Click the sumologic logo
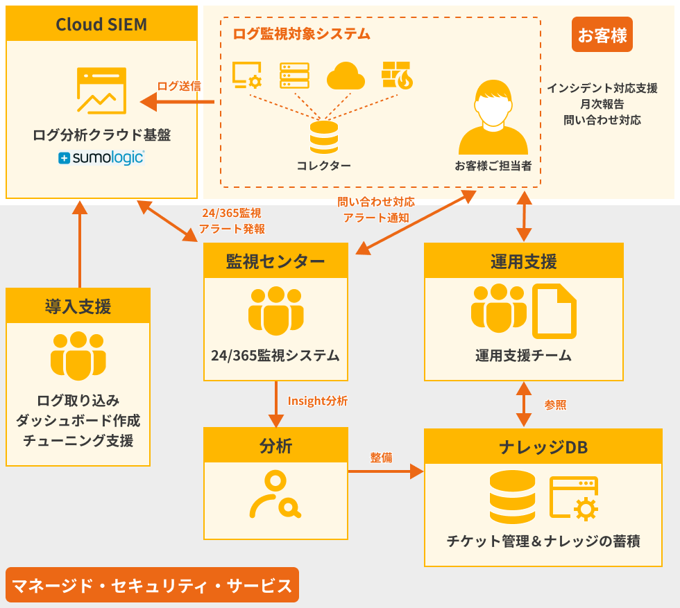101,157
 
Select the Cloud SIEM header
101,25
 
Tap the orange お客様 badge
602,35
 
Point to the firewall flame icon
397,75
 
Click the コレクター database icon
324,137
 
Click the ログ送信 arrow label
178,86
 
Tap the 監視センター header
275,261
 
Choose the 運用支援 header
523,261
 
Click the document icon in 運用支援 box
554,311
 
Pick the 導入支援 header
78,306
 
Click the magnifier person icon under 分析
275,494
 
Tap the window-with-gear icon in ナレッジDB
574,498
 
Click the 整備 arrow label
381,458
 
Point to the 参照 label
555,405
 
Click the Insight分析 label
318,401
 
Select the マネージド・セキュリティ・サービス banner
153,585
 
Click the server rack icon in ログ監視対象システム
295,75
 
